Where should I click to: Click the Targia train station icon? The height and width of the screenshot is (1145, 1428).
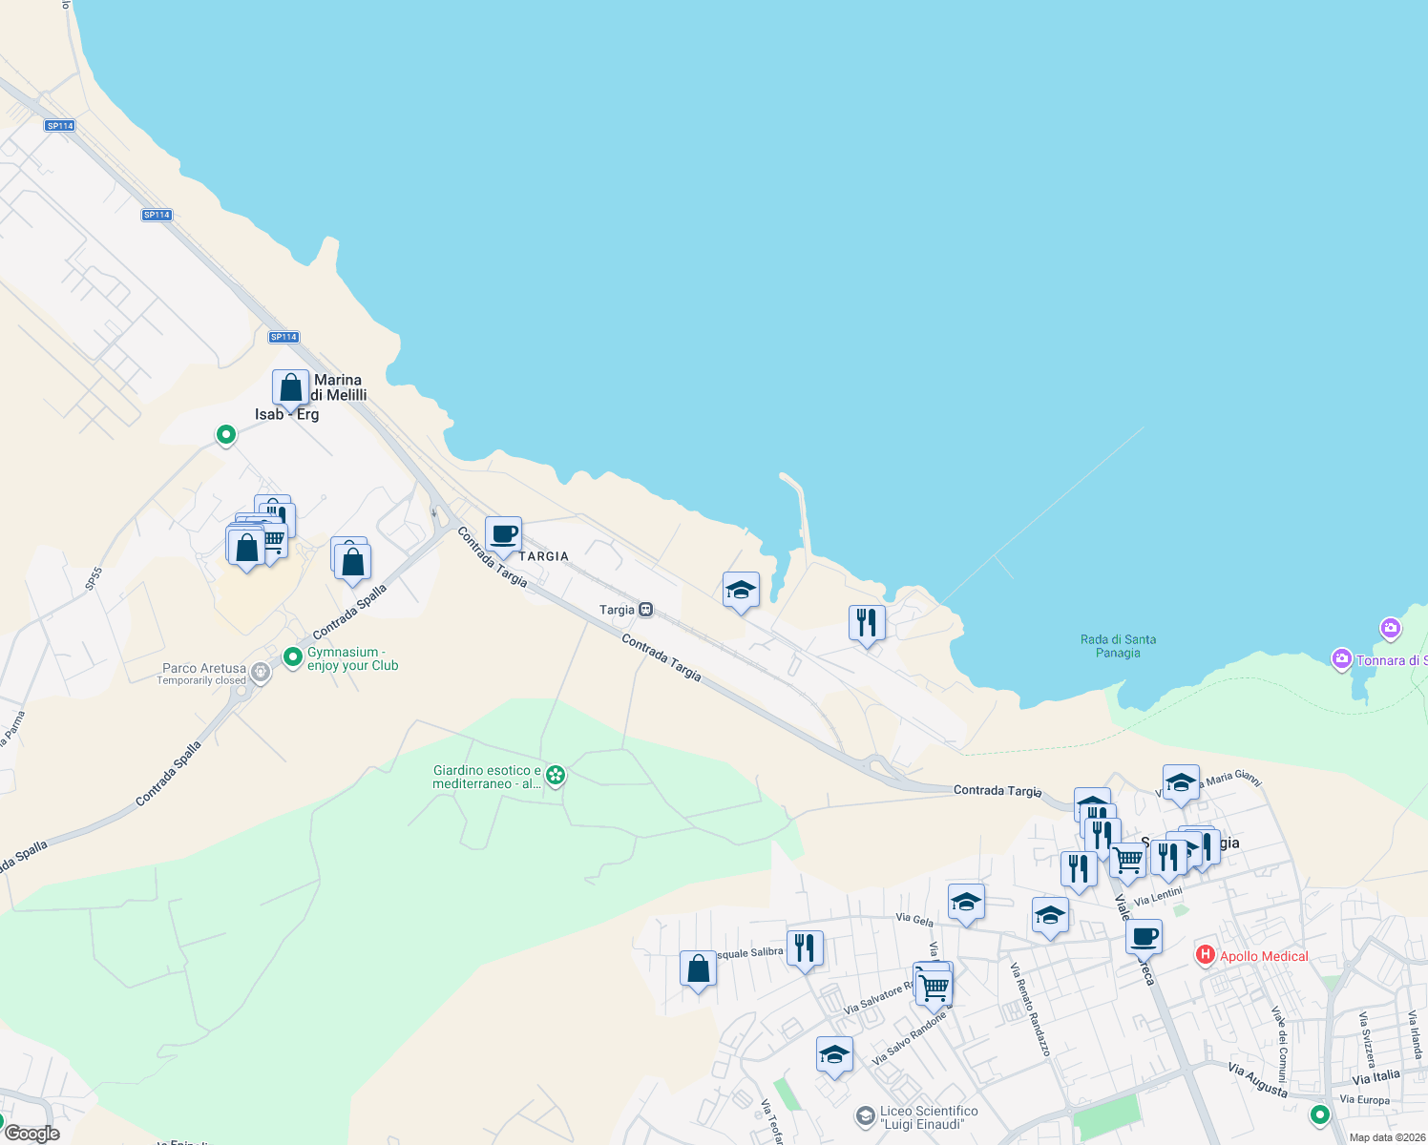[646, 610]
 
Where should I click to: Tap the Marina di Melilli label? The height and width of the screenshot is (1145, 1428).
[338, 387]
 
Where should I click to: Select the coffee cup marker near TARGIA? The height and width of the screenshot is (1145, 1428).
[503, 535]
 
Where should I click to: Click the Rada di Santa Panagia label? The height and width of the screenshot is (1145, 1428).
[1118, 646]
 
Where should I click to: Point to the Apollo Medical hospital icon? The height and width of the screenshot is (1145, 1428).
[1205, 954]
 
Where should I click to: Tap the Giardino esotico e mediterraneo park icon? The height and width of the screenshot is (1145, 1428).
[556, 775]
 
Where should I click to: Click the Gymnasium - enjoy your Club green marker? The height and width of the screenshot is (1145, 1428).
[293, 657]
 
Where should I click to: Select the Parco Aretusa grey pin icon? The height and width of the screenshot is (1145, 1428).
[260, 673]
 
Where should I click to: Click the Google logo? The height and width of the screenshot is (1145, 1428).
[31, 1134]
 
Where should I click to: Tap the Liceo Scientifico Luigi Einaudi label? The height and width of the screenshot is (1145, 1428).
[929, 1117]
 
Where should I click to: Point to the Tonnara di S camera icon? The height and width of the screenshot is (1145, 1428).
[1341, 659]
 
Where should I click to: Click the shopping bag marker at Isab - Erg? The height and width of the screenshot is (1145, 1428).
[290, 388]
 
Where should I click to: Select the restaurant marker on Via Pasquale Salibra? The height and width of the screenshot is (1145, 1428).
[805, 948]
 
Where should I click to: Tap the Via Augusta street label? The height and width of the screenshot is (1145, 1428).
[1257, 1079]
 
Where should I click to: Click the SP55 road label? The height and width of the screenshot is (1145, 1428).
[93, 577]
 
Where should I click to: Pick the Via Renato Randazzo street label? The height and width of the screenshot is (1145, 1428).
[1030, 1009]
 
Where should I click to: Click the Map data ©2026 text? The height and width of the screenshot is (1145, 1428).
[1387, 1137]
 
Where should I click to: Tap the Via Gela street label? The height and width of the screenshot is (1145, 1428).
[914, 920]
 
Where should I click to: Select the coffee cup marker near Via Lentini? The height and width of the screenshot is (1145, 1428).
[1144, 937]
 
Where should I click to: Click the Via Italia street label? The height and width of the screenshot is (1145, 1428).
[1375, 1077]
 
